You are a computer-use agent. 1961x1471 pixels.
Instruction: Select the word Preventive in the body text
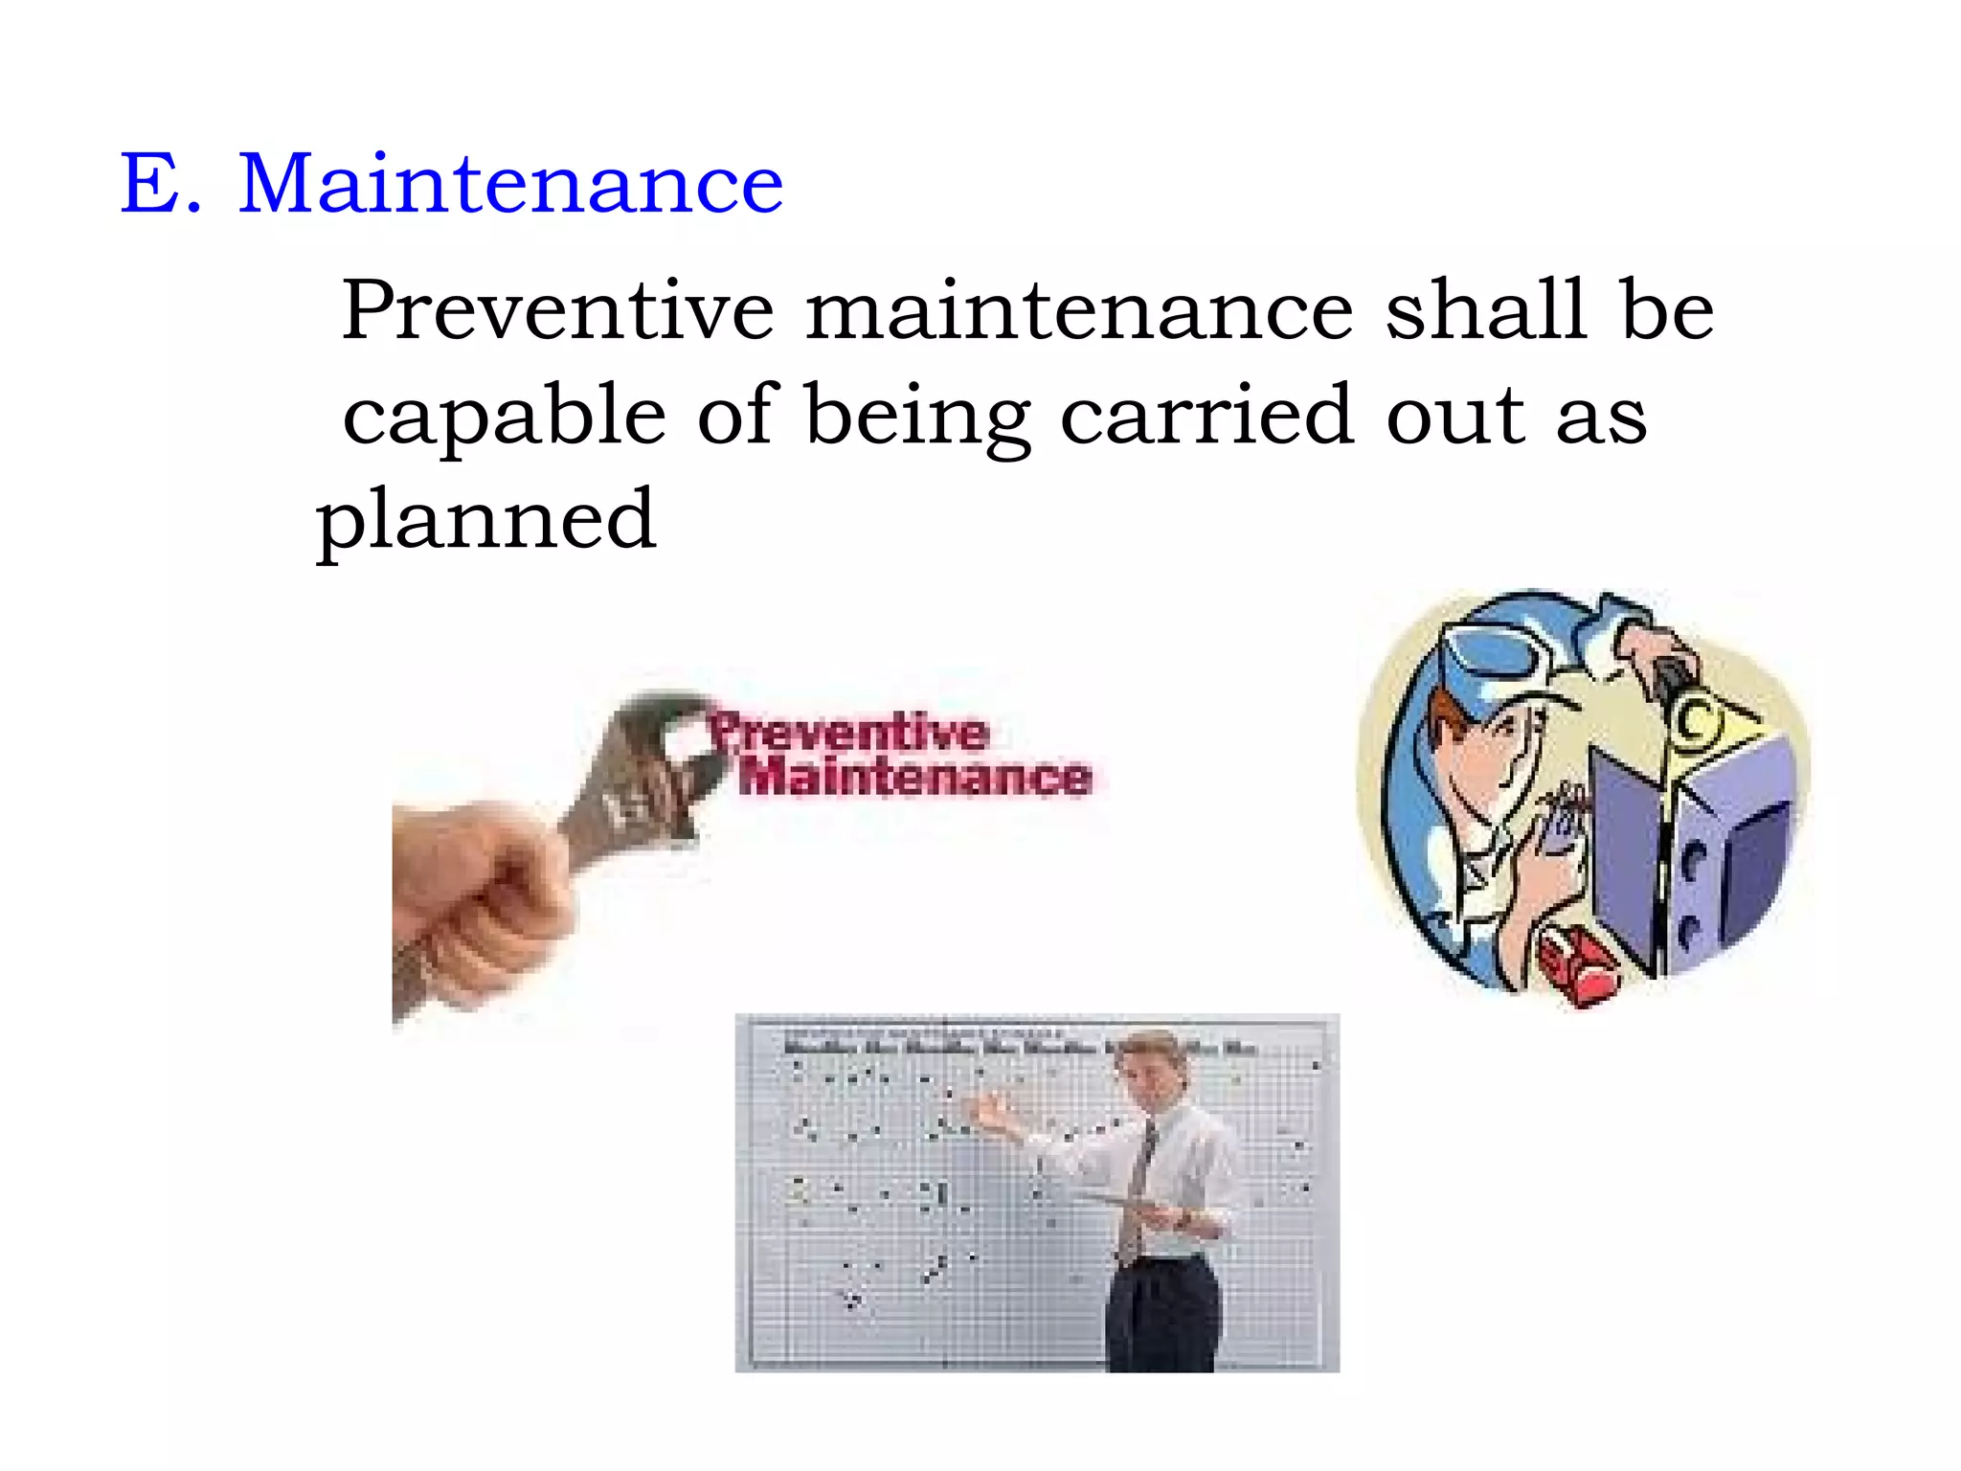point(557,310)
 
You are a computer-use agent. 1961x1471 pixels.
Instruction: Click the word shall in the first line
point(1485,310)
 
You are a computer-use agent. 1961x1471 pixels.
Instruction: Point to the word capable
point(504,417)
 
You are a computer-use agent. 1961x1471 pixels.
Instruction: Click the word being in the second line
point(917,417)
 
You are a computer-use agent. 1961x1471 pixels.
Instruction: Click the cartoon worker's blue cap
point(1503,651)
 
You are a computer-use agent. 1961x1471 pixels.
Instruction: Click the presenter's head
point(1158,1063)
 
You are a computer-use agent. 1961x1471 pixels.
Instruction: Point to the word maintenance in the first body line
point(1079,310)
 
